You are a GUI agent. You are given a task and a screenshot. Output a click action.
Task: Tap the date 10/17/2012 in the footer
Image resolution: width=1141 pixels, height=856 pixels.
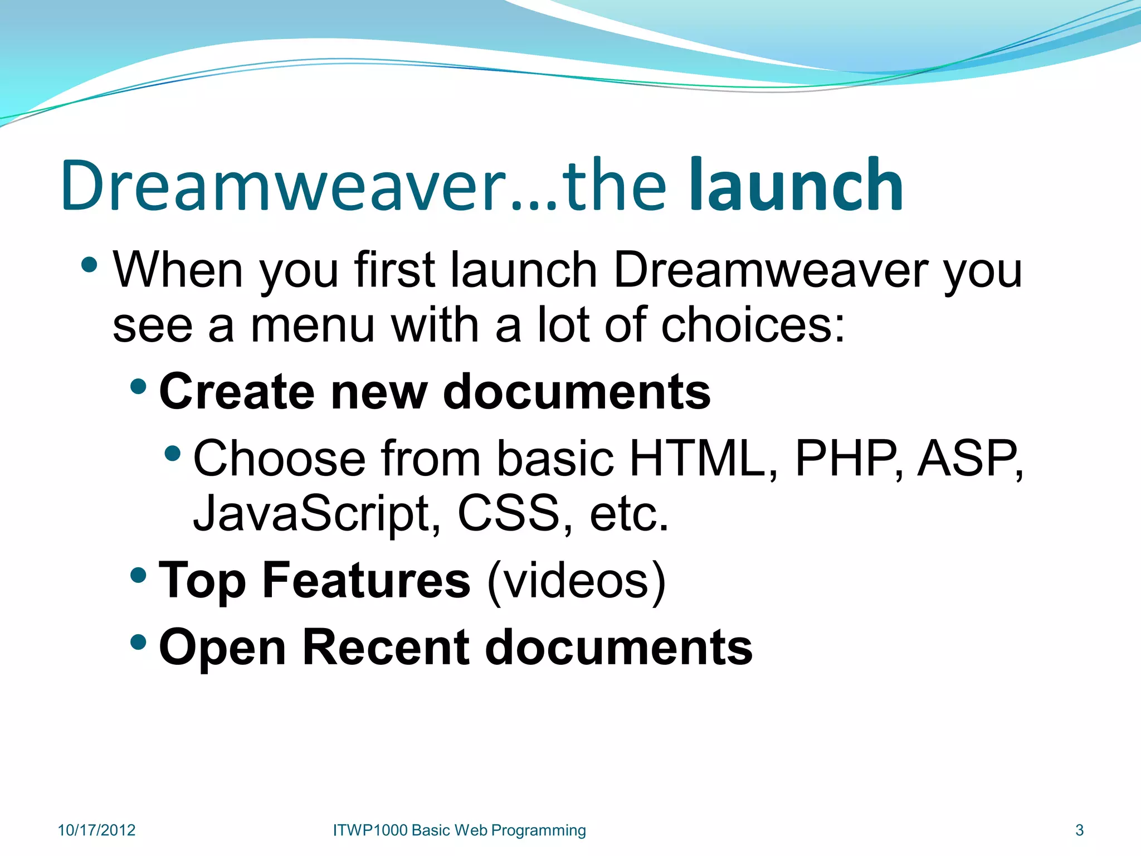(x=96, y=830)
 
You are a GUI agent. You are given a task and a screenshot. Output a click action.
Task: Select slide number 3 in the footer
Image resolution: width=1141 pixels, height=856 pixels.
(x=1079, y=830)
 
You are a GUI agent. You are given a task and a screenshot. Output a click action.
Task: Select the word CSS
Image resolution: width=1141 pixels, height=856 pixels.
(x=509, y=513)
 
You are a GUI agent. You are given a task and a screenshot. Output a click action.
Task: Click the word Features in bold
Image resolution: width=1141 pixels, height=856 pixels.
(x=367, y=580)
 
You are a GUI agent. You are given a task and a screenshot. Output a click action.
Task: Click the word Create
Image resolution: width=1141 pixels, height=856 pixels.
(x=236, y=392)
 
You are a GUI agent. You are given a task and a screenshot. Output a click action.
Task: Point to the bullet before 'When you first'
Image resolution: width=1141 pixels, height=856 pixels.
(x=89, y=264)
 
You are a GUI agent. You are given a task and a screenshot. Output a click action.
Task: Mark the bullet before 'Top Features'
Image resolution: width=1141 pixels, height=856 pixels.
(x=138, y=575)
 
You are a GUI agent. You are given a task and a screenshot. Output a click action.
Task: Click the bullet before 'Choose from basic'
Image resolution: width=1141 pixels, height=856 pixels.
(x=173, y=452)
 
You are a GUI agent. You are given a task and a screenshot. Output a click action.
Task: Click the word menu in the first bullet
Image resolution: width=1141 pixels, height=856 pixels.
(x=313, y=326)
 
